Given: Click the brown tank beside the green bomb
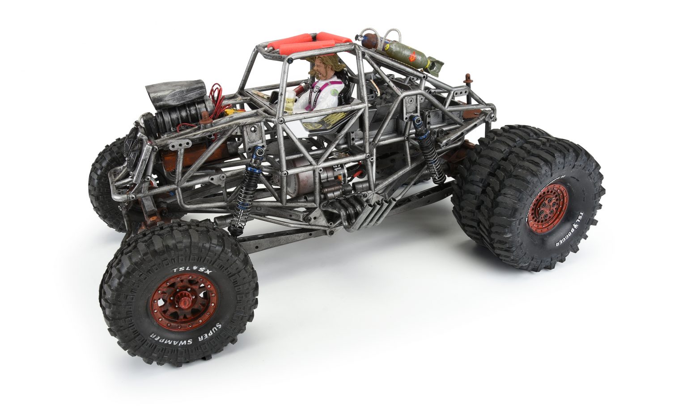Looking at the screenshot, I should tap(369, 40).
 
